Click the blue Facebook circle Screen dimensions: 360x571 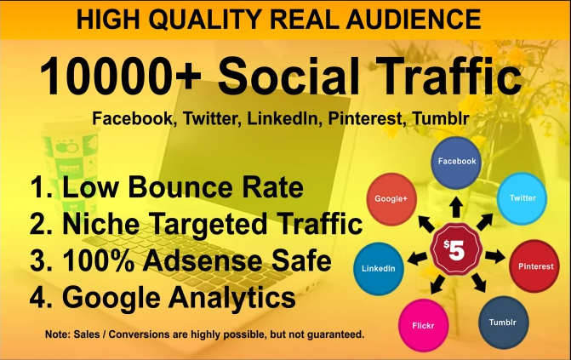point(456,161)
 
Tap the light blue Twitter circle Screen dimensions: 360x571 point(522,198)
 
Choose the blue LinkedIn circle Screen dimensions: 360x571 point(378,268)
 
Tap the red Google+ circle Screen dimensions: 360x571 point(390,197)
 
